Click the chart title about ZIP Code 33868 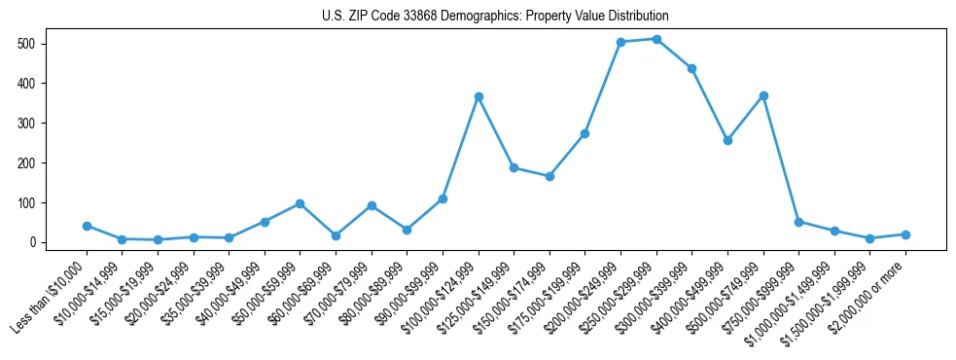495,17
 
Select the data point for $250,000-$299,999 656,39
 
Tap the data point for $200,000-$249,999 620,42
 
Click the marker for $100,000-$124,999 478,96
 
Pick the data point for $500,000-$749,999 763,95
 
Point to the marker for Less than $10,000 87,226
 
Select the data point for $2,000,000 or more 905,234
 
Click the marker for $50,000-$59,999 300,203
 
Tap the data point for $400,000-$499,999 727,140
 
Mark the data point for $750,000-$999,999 798,222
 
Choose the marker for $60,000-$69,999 336,235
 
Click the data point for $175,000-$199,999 584,133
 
